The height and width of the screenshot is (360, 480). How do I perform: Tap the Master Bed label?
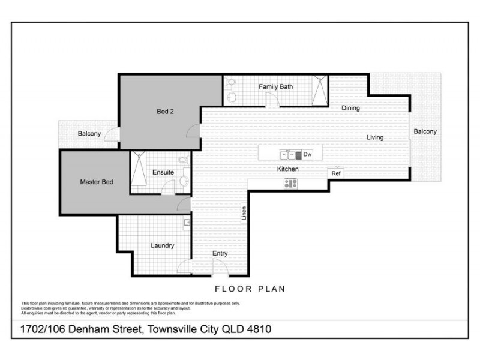[97, 182]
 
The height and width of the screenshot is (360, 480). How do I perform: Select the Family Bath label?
[276, 87]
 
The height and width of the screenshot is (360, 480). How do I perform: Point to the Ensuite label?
[163, 172]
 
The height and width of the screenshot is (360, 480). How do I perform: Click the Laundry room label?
[163, 245]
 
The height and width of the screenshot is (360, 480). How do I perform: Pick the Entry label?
[220, 254]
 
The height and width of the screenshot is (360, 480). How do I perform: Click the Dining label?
[350, 109]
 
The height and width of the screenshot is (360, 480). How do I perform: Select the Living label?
[376, 137]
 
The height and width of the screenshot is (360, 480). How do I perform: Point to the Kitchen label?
[287, 169]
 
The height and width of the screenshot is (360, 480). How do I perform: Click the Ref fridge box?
[336, 173]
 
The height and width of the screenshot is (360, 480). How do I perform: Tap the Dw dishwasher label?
[307, 154]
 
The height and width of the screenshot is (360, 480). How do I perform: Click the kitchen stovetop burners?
[291, 184]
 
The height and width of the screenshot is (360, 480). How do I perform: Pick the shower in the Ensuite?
[139, 171]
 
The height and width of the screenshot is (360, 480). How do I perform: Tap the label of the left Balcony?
[89, 133]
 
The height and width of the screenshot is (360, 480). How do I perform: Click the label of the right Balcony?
[425, 131]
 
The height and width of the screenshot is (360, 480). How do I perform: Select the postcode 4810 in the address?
[263, 330]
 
